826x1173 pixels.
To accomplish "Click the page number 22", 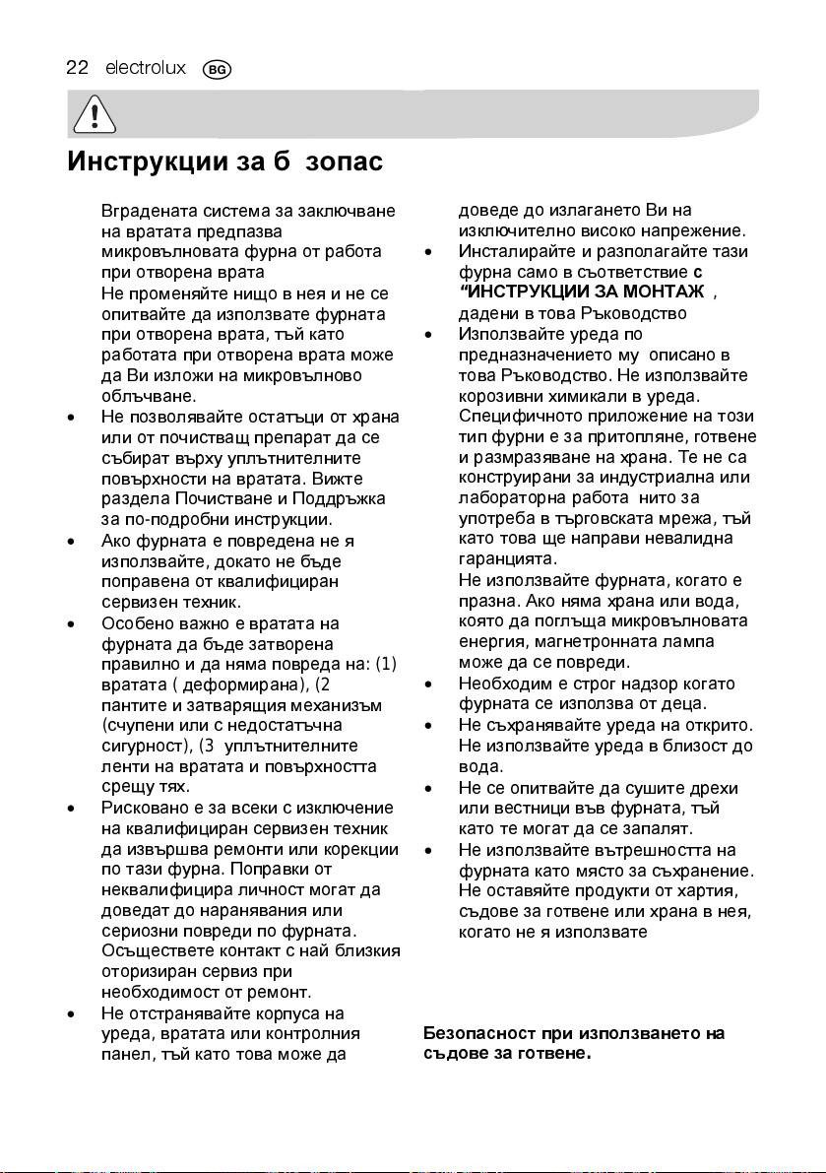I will (x=78, y=68).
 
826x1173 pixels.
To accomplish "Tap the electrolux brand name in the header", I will (x=146, y=68).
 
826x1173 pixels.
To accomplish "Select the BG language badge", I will (x=216, y=70).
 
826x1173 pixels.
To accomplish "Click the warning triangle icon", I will (x=94, y=118).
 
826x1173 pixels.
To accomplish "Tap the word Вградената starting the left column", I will (x=145, y=211).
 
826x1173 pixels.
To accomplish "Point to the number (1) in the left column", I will (x=386, y=664).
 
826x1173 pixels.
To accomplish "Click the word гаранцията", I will (x=509, y=557).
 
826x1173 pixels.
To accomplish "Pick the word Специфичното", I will (x=515, y=417).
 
